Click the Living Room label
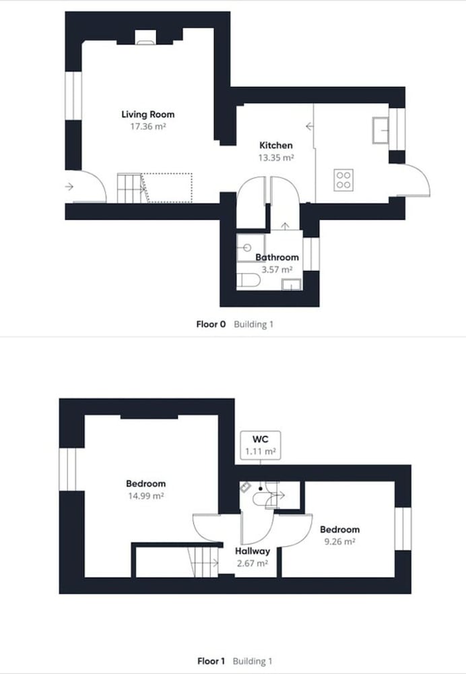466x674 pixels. pyautogui.click(x=147, y=115)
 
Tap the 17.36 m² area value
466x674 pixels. pyautogui.click(x=148, y=127)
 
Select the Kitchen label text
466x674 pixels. pyautogui.click(x=275, y=146)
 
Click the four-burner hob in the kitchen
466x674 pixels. pyautogui.click(x=343, y=180)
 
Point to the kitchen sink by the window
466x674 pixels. pyautogui.click(x=380, y=130)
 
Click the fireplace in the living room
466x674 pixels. pyautogui.click(x=145, y=37)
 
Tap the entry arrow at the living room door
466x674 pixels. pyautogui.click(x=69, y=187)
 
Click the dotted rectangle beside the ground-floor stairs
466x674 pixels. pyautogui.click(x=166, y=188)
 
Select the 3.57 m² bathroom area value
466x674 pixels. pyautogui.click(x=277, y=270)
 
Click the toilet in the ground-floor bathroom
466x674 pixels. pyautogui.click(x=248, y=280)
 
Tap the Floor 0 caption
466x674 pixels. pyautogui.click(x=211, y=324)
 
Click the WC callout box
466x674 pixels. pyautogui.click(x=260, y=446)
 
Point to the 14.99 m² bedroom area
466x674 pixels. pyautogui.click(x=146, y=495)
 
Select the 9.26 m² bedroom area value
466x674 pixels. pyautogui.click(x=339, y=542)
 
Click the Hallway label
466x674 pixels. pyautogui.click(x=253, y=551)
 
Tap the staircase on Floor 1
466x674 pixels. pyautogui.click(x=203, y=562)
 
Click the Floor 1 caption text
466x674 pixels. pyautogui.click(x=211, y=661)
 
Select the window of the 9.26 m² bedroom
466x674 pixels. pyautogui.click(x=403, y=528)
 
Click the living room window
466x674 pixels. pyautogui.click(x=73, y=96)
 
